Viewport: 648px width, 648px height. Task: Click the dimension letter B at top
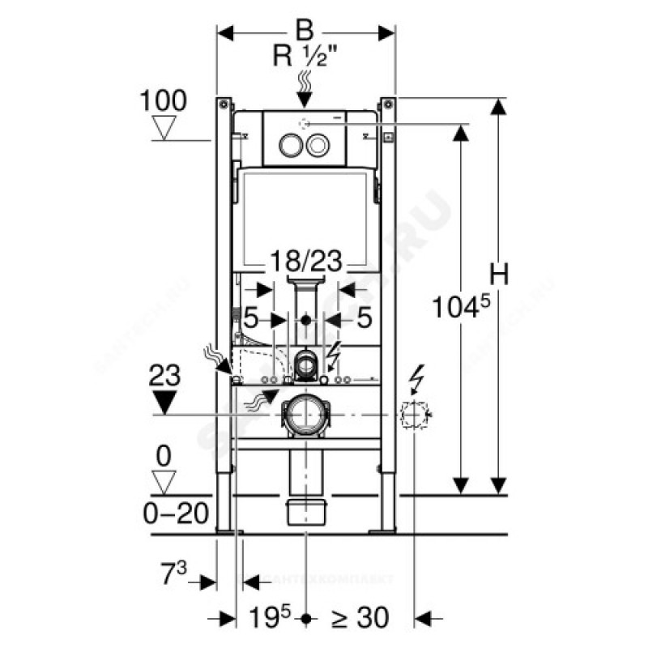[304, 32]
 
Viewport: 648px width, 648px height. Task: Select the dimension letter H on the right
[501, 275]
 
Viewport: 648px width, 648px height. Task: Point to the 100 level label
[164, 100]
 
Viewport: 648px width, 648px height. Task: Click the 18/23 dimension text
[305, 261]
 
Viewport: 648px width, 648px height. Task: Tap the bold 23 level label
[164, 375]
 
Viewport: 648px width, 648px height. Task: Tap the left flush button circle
[289, 147]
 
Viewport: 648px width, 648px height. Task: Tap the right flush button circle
[318, 147]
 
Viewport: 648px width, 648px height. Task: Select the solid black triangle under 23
[165, 402]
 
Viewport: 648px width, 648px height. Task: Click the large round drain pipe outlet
[306, 415]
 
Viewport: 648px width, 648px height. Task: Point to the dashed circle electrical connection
[415, 416]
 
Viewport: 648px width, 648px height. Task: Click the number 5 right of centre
[364, 318]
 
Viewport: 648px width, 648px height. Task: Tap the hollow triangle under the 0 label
[165, 484]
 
